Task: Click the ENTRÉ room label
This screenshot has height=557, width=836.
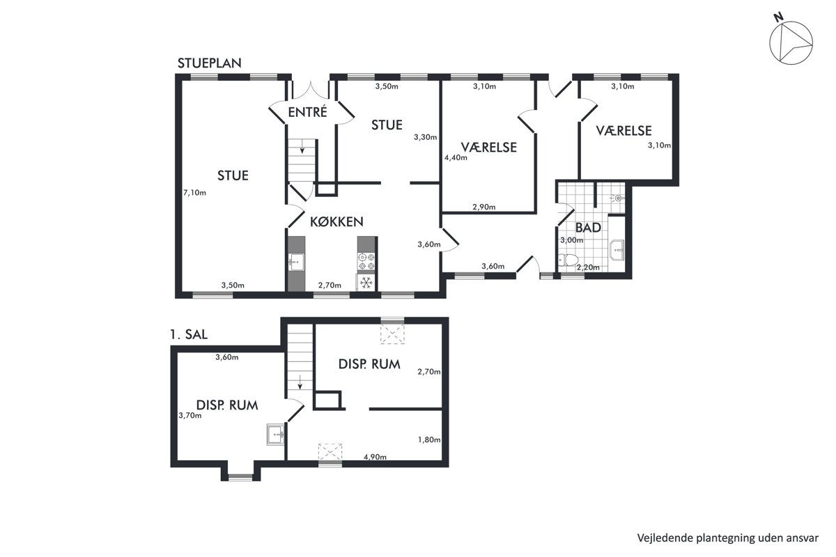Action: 307,111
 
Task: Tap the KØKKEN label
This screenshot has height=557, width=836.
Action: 336,222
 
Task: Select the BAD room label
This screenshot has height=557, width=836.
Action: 588,228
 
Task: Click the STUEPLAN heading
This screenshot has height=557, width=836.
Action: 210,63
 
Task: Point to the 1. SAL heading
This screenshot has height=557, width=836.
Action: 189,334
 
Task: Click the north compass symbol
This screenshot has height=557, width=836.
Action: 790,42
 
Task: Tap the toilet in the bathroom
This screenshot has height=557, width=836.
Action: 568,259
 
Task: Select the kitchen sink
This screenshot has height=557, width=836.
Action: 296,262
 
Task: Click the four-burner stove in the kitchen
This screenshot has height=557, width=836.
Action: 366,261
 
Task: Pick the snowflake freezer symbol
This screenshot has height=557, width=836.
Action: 366,283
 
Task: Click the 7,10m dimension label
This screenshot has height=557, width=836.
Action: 194,193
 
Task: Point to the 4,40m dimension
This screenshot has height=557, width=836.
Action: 456,158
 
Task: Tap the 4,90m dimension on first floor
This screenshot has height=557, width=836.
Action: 375,457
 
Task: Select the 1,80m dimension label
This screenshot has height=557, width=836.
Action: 429,440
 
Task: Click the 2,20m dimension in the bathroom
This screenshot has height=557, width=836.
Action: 588,267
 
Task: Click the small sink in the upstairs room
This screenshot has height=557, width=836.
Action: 276,434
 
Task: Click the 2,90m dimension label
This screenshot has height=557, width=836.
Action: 484,207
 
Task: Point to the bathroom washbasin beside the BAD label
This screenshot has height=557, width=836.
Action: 617,249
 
